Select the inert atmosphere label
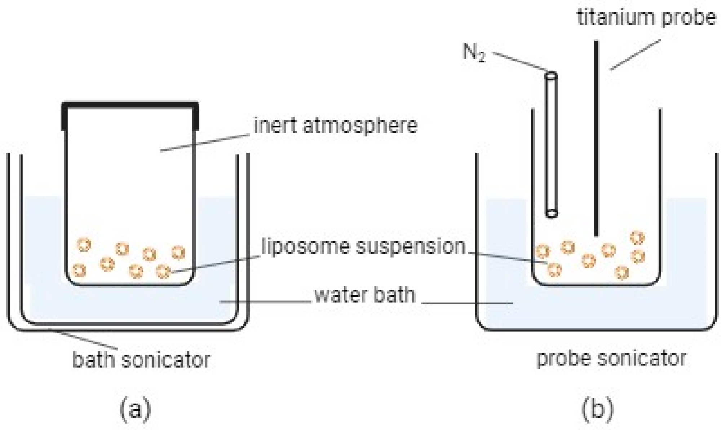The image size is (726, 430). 336,126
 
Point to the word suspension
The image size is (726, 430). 411,247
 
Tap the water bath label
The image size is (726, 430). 365,295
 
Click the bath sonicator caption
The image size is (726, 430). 141,359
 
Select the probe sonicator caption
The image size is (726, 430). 611,359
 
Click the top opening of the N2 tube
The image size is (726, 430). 551,76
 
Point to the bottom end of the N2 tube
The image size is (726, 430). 551,214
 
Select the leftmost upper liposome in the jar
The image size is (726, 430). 84,245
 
